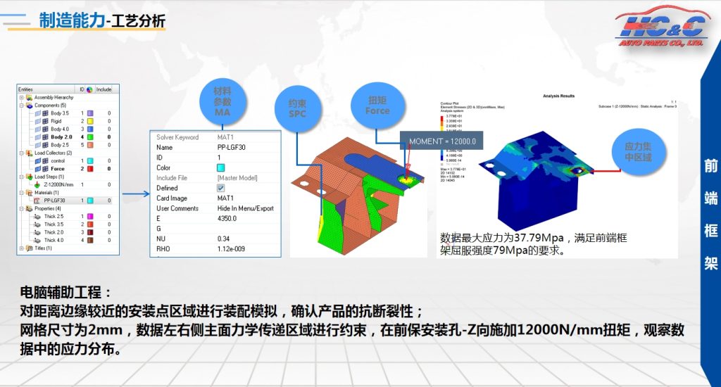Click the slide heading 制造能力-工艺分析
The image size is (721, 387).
coord(102,22)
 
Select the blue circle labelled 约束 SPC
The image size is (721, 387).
coord(297,108)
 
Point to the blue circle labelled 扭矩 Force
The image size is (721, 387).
coord(377,106)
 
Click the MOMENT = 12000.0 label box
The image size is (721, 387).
coord(442,141)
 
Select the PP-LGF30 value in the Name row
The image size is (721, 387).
coord(232,148)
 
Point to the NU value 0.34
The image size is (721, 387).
coord(223,239)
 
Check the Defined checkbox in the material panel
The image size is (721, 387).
coord(221,189)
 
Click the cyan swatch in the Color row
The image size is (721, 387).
coord(221,168)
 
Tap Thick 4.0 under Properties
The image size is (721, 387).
coord(54,240)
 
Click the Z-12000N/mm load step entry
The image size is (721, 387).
coord(59,184)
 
